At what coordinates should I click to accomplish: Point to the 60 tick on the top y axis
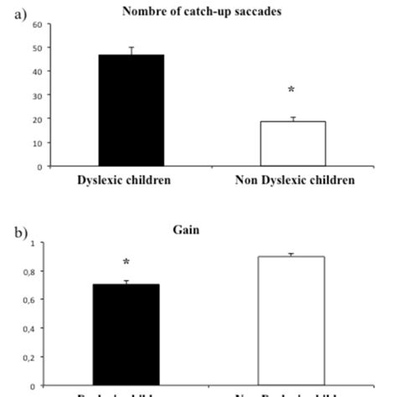click(x=36, y=24)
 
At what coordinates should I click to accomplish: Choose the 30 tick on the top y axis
click(x=36, y=95)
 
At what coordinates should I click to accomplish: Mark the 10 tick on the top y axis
click(x=36, y=143)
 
